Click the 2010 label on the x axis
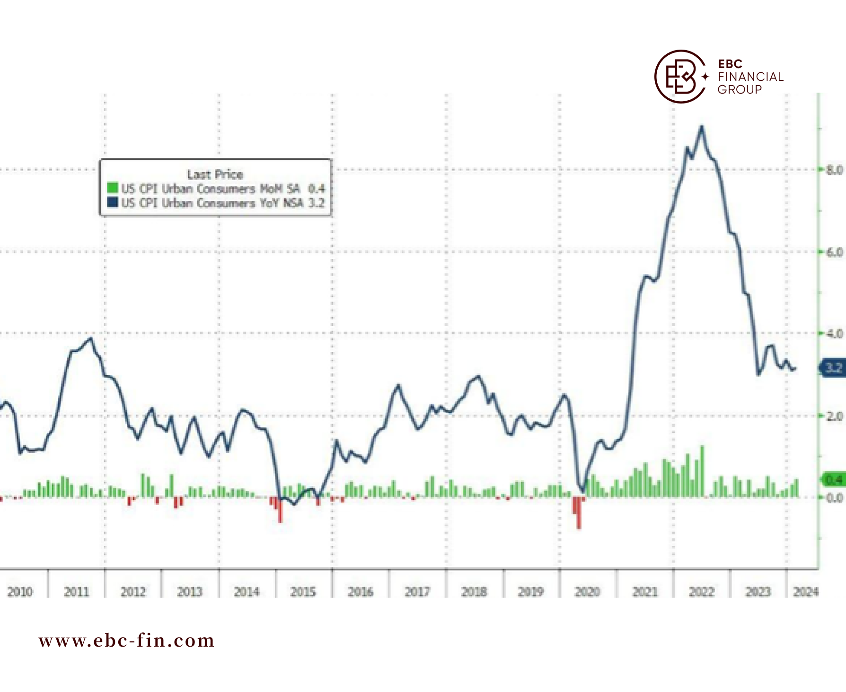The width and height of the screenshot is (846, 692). (x=20, y=592)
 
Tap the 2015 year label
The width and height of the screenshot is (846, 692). (x=303, y=592)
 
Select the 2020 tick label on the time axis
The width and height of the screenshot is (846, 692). (x=587, y=592)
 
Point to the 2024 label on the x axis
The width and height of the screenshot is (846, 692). (x=806, y=592)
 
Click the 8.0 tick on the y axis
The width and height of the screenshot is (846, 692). (x=835, y=170)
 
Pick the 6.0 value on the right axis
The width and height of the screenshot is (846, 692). (x=835, y=252)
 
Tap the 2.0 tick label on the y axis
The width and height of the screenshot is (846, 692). (x=835, y=416)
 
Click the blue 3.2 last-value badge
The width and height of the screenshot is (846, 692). (x=833, y=368)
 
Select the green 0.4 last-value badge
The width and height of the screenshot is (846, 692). (x=834, y=480)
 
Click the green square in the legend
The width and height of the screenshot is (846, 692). (x=112, y=188)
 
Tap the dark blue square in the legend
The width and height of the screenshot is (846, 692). (x=112, y=202)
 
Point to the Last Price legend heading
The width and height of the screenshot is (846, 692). (x=215, y=174)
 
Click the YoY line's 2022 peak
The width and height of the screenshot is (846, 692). (x=702, y=126)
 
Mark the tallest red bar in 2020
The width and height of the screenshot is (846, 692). (x=579, y=513)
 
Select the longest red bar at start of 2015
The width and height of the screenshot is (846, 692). (x=280, y=510)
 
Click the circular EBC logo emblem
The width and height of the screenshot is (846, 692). (x=680, y=77)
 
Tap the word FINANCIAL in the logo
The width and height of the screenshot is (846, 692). (x=750, y=77)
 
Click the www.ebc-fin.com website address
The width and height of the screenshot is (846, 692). (x=127, y=641)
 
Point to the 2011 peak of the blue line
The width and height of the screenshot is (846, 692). (x=90, y=338)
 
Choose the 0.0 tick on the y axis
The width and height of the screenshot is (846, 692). (x=835, y=498)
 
